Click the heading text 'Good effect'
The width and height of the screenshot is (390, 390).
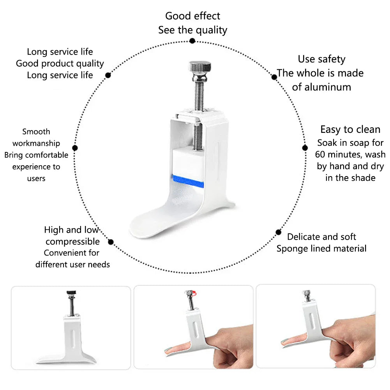192,16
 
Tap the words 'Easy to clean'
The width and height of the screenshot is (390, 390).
350,129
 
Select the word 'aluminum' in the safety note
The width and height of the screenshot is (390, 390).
321,87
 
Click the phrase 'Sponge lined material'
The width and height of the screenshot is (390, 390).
321,249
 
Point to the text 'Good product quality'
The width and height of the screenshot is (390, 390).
60,64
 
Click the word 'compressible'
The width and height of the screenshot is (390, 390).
72,242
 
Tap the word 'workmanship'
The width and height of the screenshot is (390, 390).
36,143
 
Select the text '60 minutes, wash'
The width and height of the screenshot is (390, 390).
350,154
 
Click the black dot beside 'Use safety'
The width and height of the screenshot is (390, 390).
274,77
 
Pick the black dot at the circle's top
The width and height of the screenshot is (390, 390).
192,41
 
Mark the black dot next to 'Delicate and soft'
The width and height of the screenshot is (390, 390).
278,232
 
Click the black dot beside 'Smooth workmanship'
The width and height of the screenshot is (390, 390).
75,148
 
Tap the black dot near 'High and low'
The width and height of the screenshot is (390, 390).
111,242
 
